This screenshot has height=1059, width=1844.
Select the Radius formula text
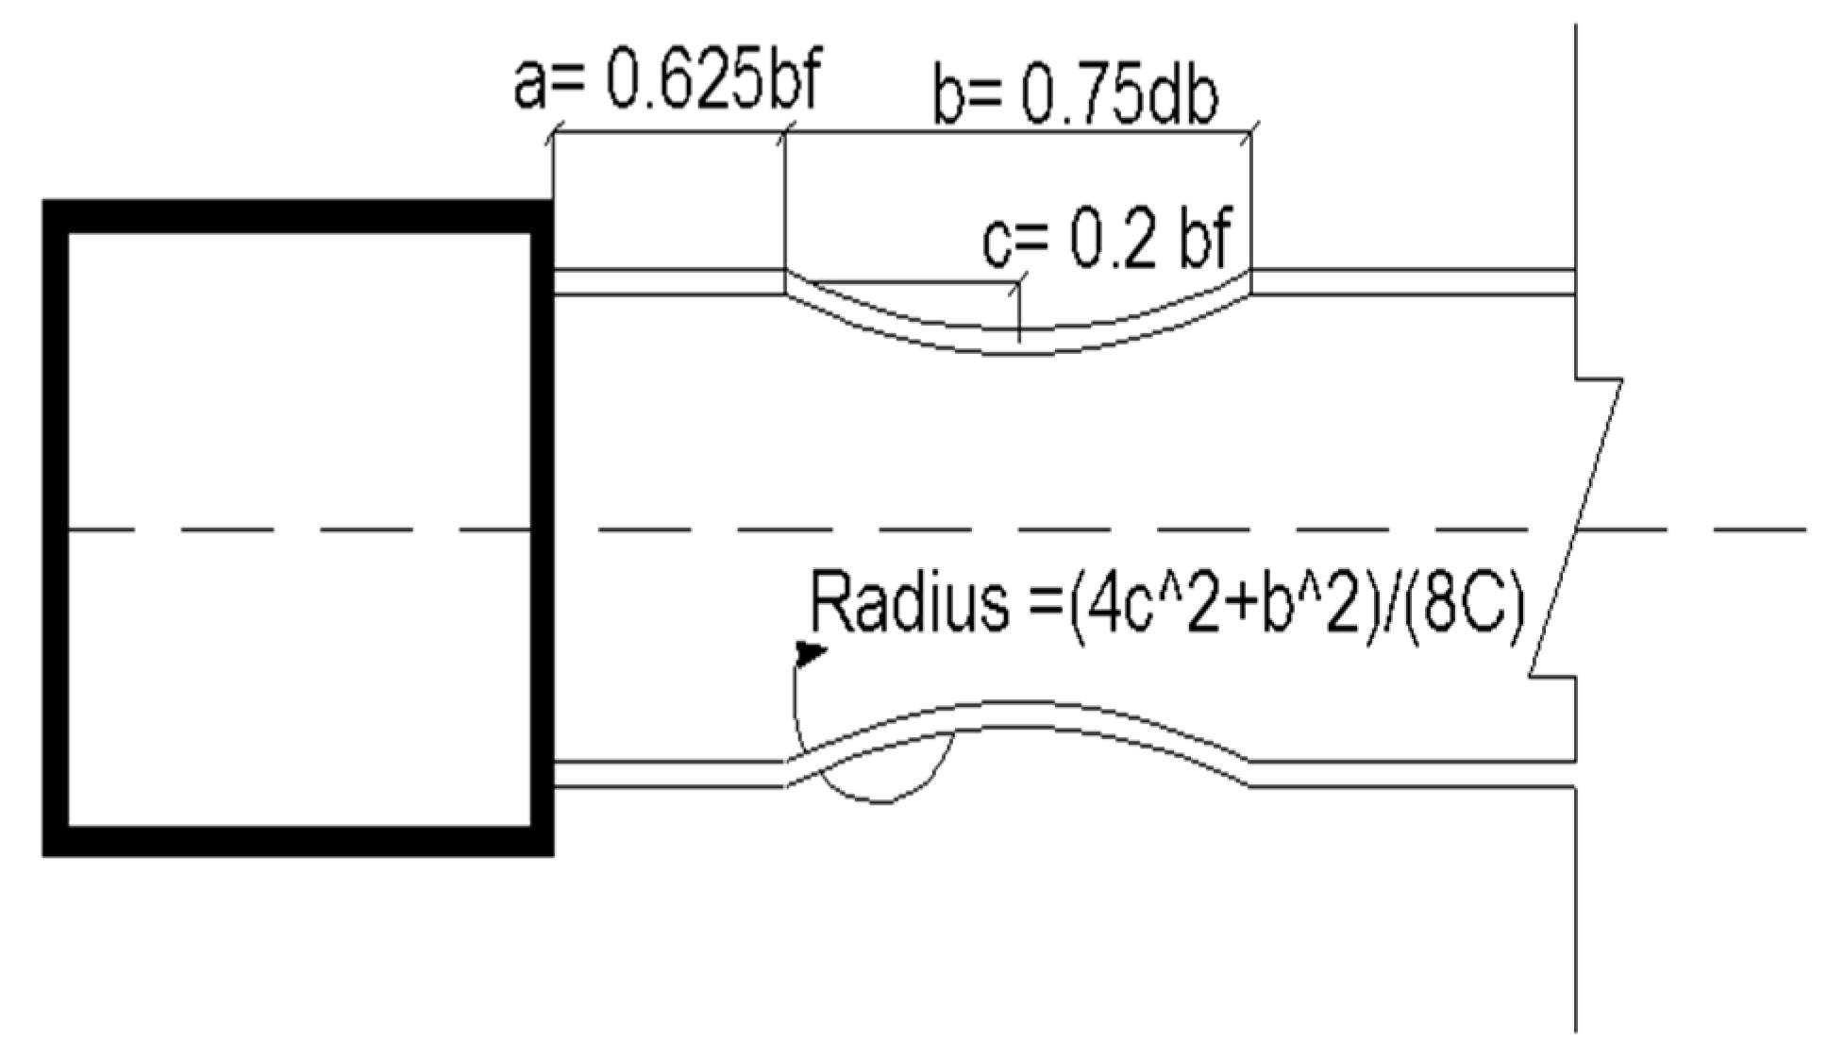[1166, 604]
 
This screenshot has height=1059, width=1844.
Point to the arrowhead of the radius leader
[810, 652]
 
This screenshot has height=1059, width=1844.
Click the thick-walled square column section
[298, 528]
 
